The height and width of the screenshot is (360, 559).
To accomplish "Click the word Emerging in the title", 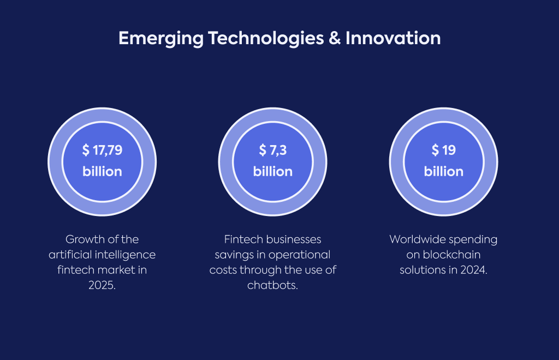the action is point(161,39).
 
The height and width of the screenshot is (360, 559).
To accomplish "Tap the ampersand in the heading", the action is point(335,38).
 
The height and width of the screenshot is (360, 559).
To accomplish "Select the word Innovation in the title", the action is point(393,38).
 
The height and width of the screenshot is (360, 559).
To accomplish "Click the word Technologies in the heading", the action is point(266,39).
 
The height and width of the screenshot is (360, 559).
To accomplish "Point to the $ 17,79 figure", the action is point(102,150).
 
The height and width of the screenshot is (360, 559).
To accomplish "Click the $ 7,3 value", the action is point(273,150).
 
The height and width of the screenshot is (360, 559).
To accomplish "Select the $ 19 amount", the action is point(443,150).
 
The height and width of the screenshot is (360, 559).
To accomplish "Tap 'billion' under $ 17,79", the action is point(102,171).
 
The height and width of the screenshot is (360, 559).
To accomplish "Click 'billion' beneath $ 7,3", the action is point(273,171).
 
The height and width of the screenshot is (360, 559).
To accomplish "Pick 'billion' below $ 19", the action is point(443,171).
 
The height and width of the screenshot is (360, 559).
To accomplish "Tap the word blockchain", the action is point(451,255).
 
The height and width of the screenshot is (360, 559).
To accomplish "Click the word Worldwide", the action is point(413,239).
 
